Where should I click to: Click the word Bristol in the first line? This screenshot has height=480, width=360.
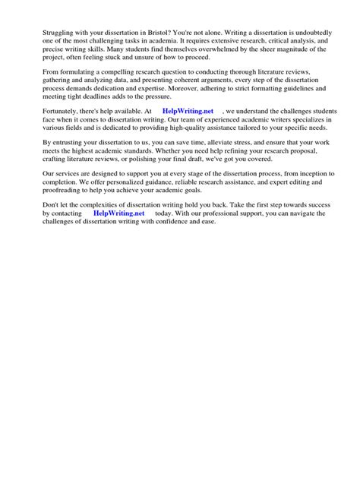157,14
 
